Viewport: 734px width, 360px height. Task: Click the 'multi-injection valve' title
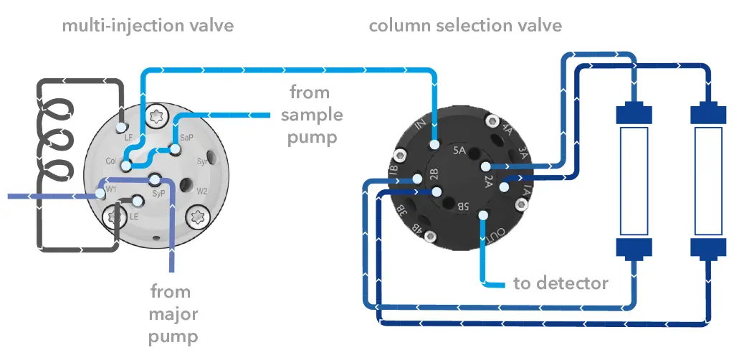point(147,27)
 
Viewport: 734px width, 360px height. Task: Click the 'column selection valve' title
point(464,27)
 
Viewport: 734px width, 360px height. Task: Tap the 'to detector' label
point(561,283)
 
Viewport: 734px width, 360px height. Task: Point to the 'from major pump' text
point(173,314)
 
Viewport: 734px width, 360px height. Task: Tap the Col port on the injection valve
point(125,166)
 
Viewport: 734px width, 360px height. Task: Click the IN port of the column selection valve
point(434,145)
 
